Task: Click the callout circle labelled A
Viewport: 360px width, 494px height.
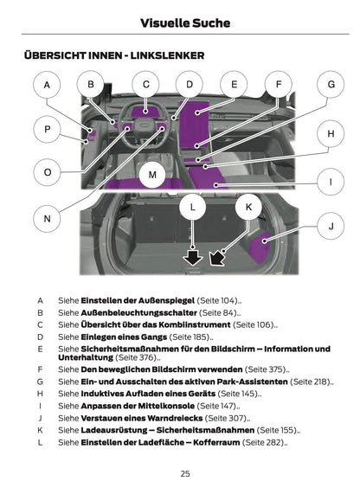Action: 47,85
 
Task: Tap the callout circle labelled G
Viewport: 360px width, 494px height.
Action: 331,85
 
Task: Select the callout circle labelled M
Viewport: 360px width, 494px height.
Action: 152,175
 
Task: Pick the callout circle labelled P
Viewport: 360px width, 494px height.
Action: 47,129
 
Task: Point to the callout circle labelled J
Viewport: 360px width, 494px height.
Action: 331,226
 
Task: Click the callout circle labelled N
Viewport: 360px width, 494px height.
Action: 47,218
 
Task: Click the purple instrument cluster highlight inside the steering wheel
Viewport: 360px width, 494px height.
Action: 145,112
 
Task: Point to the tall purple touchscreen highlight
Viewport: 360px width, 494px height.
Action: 194,125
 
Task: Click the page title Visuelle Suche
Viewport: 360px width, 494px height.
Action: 185,23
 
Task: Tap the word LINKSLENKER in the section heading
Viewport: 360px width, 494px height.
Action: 167,55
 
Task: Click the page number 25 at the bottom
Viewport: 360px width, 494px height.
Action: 185,473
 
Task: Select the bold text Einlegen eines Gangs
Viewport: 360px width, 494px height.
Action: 124,337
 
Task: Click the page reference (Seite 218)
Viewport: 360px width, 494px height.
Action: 310,382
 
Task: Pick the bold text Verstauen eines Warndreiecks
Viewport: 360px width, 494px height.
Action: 142,418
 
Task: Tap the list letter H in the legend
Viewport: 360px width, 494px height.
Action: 40,394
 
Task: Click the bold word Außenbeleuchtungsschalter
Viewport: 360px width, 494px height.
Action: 139,313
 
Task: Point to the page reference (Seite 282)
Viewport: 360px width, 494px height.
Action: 264,442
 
